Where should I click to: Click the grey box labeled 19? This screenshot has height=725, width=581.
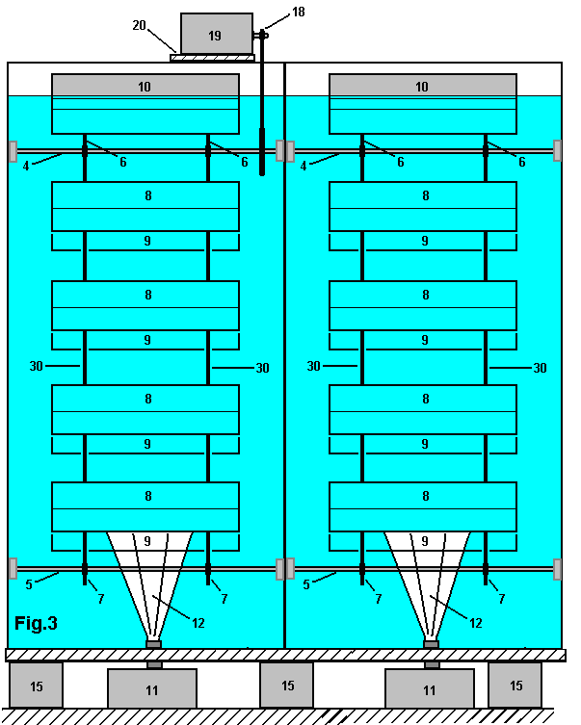(x=215, y=35)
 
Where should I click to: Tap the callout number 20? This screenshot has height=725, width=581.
(x=140, y=26)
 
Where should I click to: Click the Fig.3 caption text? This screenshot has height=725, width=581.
(x=37, y=624)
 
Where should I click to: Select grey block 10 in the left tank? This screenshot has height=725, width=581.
(x=145, y=86)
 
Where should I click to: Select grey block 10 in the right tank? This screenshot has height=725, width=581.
(x=422, y=86)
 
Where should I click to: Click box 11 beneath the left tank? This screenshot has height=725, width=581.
(x=152, y=689)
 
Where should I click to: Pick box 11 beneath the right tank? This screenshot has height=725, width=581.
(x=430, y=689)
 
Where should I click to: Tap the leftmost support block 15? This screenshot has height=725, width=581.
(x=36, y=685)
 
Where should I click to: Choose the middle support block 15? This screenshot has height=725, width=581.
(x=287, y=685)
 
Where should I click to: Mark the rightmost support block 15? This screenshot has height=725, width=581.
(x=515, y=685)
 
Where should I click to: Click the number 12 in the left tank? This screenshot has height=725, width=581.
(x=198, y=623)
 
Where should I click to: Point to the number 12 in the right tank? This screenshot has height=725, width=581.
(x=475, y=623)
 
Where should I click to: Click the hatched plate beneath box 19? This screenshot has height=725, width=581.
(x=212, y=58)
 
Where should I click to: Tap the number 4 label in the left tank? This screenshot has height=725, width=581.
(x=25, y=166)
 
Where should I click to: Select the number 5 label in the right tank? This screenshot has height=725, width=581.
(x=306, y=583)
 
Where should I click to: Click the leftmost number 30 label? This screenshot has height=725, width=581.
(x=38, y=367)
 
